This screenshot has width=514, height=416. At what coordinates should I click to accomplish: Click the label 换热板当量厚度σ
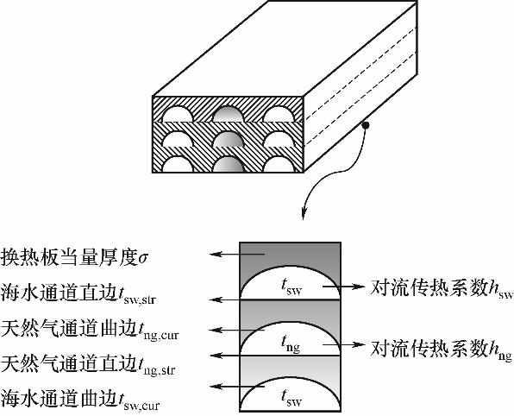[x=75, y=257]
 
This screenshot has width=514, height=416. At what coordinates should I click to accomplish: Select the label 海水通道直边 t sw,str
[x=78, y=293]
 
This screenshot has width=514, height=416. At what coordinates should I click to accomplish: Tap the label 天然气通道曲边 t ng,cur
[x=90, y=329]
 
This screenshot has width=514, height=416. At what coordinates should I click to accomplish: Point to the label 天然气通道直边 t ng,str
[x=88, y=364]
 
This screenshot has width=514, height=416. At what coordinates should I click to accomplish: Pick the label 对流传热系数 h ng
[x=442, y=350]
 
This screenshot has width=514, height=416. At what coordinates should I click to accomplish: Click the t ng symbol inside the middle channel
[x=291, y=344]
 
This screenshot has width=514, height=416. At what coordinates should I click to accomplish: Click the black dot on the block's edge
[x=366, y=125]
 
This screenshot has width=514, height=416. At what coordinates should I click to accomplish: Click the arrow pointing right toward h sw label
[x=343, y=287]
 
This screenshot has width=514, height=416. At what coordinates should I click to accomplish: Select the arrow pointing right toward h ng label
[x=343, y=344]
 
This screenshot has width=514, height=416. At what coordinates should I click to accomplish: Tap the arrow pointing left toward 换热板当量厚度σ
[x=237, y=254]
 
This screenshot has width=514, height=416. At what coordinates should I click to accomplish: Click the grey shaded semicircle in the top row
[x=229, y=114]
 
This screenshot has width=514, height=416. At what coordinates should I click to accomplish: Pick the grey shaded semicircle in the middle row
[x=229, y=139]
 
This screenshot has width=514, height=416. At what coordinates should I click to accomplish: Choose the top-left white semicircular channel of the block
[x=178, y=114]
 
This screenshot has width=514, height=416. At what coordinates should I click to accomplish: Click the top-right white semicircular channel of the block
[x=279, y=114]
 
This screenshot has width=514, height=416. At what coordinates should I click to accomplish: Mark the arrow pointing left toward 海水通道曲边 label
[x=237, y=387]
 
